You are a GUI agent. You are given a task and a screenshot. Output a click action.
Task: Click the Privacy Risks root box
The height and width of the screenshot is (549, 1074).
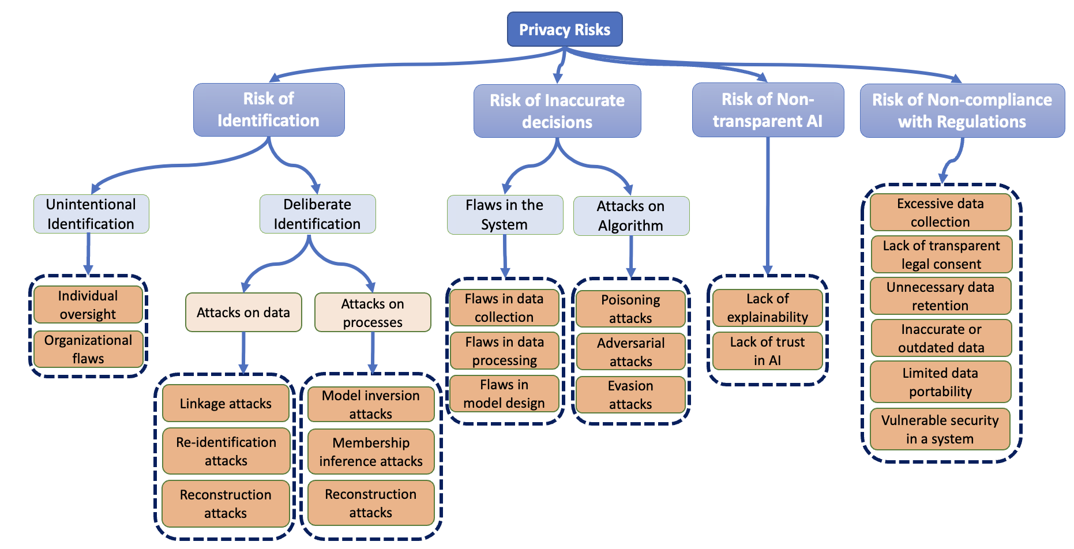(x=565, y=29)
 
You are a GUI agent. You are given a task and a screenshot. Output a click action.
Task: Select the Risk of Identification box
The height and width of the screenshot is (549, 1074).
(x=269, y=110)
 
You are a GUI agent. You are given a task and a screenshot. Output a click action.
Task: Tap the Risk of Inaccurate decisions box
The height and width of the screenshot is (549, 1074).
(x=557, y=111)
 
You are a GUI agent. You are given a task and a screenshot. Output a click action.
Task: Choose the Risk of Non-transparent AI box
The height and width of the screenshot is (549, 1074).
(x=768, y=110)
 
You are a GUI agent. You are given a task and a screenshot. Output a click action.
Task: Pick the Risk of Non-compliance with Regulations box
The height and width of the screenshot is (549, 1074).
(x=962, y=110)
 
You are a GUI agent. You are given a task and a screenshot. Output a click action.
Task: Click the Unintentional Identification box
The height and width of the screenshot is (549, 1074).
(x=91, y=214)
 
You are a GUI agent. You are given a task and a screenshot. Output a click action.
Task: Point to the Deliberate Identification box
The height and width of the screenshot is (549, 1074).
(x=317, y=214)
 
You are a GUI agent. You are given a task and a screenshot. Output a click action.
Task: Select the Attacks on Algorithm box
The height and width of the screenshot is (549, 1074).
(x=631, y=216)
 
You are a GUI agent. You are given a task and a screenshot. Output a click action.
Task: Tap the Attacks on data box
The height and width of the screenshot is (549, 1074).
(x=243, y=313)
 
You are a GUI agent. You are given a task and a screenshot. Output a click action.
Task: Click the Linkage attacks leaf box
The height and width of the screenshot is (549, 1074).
(x=226, y=404)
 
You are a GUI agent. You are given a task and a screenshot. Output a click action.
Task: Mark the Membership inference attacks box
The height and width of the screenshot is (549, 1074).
(x=371, y=452)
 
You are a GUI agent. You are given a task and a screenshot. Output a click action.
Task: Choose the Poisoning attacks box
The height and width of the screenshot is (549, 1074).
(x=630, y=309)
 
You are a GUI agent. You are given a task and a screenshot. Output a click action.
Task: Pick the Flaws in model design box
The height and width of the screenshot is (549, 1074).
(x=504, y=394)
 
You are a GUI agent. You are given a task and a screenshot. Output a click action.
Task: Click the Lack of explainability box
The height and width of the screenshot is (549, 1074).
(x=767, y=308)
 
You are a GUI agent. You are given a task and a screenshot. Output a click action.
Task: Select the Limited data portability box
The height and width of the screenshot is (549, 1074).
(x=940, y=382)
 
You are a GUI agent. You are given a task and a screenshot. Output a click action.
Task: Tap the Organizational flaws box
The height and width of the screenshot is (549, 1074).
(x=88, y=349)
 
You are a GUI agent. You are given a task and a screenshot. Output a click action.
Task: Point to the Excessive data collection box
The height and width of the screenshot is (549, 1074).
(x=940, y=213)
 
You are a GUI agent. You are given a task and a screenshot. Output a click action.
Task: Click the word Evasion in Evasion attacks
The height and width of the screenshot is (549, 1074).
(x=630, y=386)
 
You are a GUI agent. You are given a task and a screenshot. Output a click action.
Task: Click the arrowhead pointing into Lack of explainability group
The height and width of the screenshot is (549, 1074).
(x=768, y=270)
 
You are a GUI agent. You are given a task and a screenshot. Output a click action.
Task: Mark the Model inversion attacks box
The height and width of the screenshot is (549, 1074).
(x=371, y=405)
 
